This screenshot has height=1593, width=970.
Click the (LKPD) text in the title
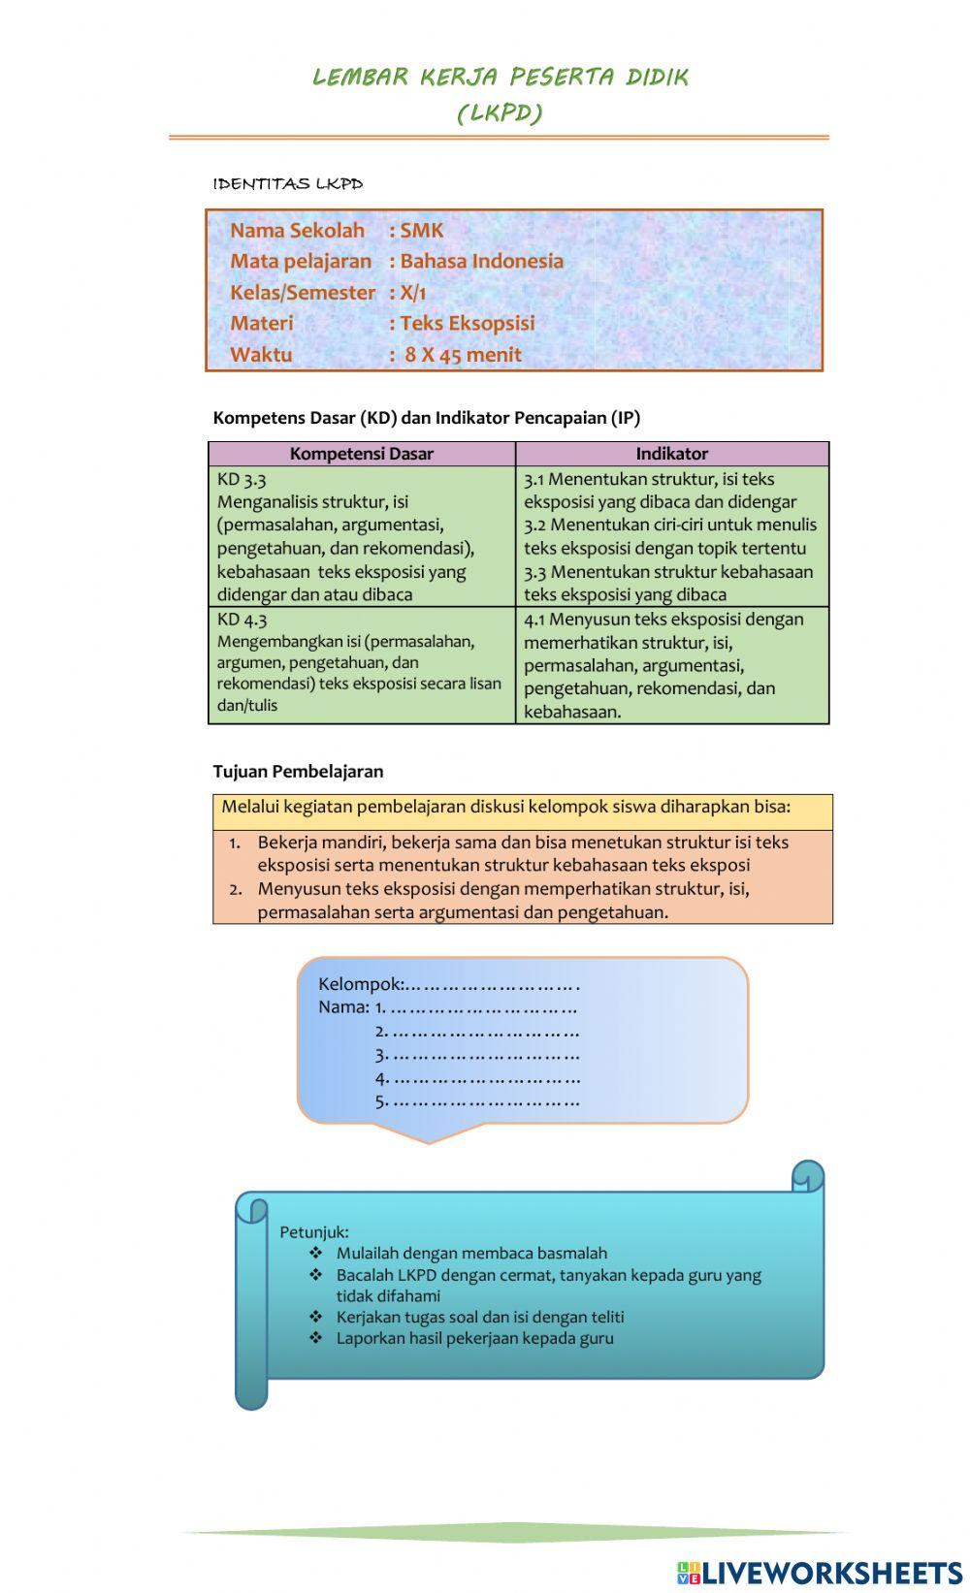pyautogui.click(x=500, y=113)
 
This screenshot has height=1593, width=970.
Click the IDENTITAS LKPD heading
pyautogui.click(x=288, y=183)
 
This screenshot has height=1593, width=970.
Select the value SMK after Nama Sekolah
pyautogui.click(x=422, y=231)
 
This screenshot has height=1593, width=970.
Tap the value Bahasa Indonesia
pyautogui.click(x=481, y=262)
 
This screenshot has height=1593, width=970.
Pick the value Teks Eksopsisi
pyautogui.click(x=468, y=324)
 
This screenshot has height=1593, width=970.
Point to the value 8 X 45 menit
pyautogui.click(x=463, y=355)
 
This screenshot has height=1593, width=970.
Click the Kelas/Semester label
pyautogui.click(x=302, y=293)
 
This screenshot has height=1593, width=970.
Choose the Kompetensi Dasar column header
pyautogui.click(x=361, y=454)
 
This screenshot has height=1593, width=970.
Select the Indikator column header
pyautogui.click(x=671, y=454)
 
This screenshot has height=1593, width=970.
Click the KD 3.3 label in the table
pyautogui.click(x=242, y=479)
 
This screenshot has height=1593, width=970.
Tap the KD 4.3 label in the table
pyautogui.click(x=242, y=620)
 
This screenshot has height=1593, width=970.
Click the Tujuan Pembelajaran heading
pyautogui.click(x=298, y=772)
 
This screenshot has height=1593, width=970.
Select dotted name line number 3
pyautogui.click(x=477, y=1055)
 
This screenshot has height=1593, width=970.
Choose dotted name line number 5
pyautogui.click(x=477, y=1101)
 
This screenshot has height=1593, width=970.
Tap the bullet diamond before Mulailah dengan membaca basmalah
pyautogui.click(x=315, y=1253)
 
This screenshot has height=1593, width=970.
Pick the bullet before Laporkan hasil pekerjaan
pyautogui.click(x=315, y=1338)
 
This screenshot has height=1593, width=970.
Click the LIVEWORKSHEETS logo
pyautogui.click(x=819, y=1572)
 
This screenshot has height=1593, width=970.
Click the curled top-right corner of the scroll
pyautogui.click(x=807, y=1176)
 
